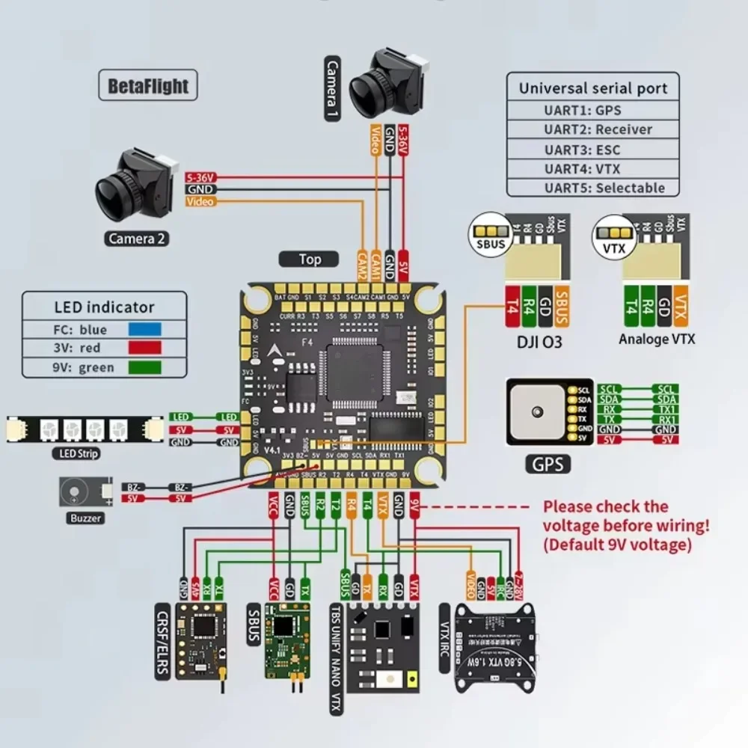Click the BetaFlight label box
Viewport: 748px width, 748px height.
point(148,85)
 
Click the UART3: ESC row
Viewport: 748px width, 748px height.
point(592,149)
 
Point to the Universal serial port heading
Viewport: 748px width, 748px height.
point(592,88)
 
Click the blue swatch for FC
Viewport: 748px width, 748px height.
point(145,329)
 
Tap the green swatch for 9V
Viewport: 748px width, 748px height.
point(145,367)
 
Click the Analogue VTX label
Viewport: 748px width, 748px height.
point(657,339)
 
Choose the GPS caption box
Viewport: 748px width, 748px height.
point(548,464)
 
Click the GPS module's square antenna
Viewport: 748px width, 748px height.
point(536,411)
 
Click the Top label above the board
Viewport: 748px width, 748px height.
point(310,260)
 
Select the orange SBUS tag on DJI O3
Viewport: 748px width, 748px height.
point(562,305)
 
